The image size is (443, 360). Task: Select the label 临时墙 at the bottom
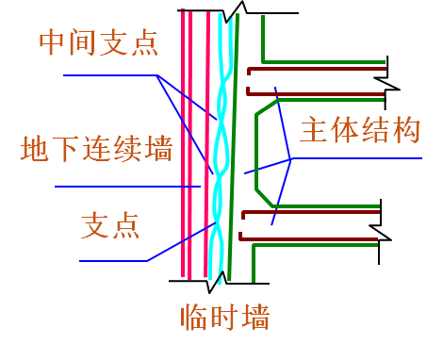pos(225,317)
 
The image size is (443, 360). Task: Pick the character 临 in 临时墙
pos(196,317)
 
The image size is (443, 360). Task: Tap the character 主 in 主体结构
pos(313,130)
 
